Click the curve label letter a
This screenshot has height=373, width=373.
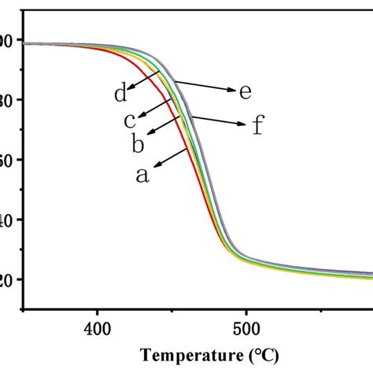[x=142, y=175]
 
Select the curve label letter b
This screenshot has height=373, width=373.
[x=136, y=144]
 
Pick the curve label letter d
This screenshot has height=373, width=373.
[x=120, y=95]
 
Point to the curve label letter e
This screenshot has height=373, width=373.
[x=245, y=91]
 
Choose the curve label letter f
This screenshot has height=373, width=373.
[x=257, y=125]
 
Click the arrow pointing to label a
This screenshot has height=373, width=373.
[x=171, y=156]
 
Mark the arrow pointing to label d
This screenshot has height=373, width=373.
[x=145, y=79]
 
